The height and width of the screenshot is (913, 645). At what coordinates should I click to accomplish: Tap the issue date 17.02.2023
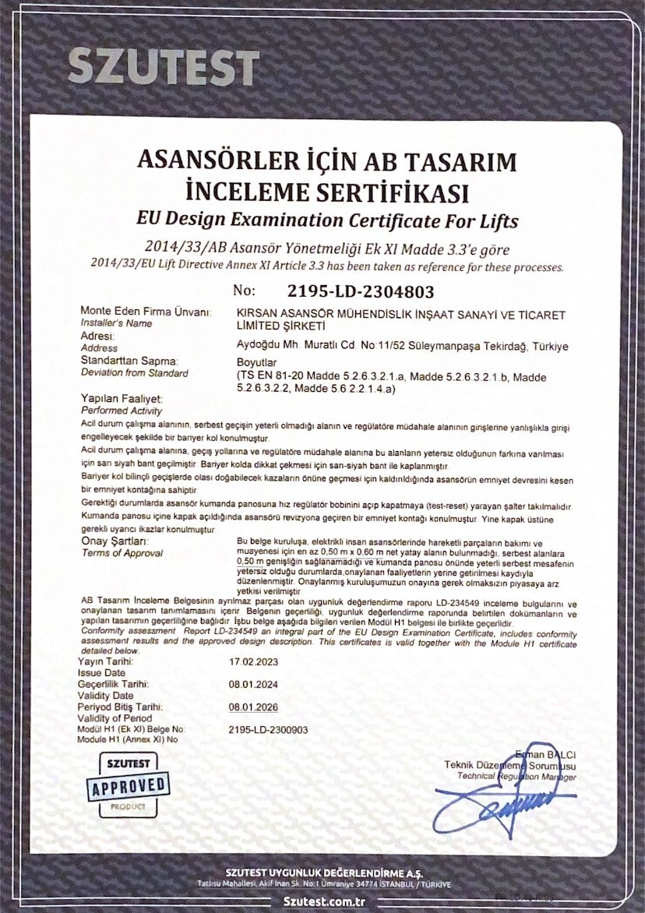pyautogui.click(x=253, y=662)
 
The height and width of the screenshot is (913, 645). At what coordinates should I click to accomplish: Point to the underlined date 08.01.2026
pyautogui.click(x=253, y=707)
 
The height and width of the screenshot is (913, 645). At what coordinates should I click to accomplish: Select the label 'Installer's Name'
pyautogui.click(x=116, y=323)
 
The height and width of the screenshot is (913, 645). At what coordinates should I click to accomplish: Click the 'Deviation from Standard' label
pyautogui.click(x=134, y=373)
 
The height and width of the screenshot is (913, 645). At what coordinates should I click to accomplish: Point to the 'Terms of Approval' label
pyautogui.click(x=122, y=552)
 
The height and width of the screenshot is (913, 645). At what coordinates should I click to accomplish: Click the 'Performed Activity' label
pyautogui.click(x=121, y=410)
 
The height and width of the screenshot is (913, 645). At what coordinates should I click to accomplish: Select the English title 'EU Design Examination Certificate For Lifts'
pyautogui.click(x=326, y=220)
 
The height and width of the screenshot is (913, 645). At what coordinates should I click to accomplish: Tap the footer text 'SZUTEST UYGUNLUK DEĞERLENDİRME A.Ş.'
pyautogui.click(x=322, y=872)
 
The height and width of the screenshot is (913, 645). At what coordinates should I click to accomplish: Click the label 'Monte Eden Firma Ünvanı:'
pyautogui.click(x=146, y=312)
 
